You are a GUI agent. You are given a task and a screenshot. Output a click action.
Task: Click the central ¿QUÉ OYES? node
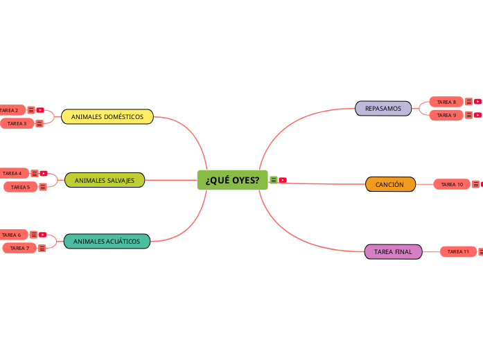point(232,180)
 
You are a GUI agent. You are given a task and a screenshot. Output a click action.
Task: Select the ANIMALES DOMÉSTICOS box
point(107,117)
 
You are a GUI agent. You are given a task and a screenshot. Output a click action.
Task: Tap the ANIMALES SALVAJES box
point(105,180)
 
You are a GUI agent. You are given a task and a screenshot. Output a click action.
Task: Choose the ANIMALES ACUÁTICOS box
point(107,242)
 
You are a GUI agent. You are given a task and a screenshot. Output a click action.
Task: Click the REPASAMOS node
point(383,109)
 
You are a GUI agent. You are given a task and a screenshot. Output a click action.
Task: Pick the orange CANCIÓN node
point(389,185)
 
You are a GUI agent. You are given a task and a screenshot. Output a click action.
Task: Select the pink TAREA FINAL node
point(393,252)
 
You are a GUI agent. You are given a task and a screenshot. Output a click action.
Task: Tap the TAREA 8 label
point(446,102)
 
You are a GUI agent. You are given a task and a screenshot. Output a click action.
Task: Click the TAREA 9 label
point(446,115)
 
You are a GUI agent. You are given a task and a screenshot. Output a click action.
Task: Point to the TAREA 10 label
point(452,184)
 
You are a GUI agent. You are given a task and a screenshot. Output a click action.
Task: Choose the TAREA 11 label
point(458,251)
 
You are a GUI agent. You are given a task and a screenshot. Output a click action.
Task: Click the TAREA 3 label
point(17,123)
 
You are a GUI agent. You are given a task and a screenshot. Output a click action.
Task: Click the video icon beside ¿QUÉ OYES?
point(283,180)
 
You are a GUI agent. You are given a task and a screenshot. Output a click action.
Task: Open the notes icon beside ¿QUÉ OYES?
point(274,180)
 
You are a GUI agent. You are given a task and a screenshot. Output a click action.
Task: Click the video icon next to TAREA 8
point(477,102)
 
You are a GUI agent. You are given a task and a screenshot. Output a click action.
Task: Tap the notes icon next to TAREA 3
point(39,123)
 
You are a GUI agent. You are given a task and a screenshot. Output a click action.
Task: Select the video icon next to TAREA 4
point(43,173)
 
